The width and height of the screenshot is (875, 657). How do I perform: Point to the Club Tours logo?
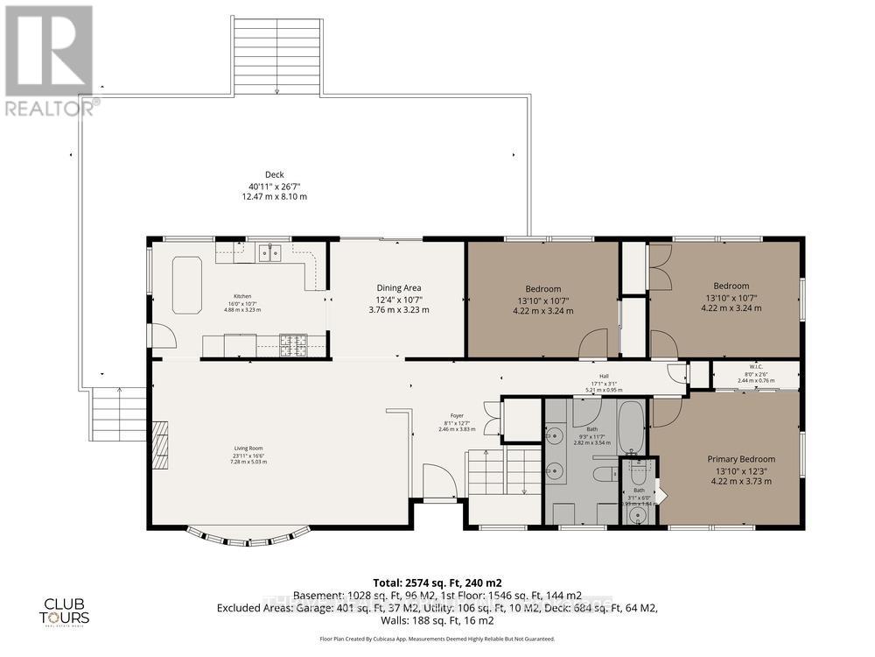pyautogui.click(x=66, y=611)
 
